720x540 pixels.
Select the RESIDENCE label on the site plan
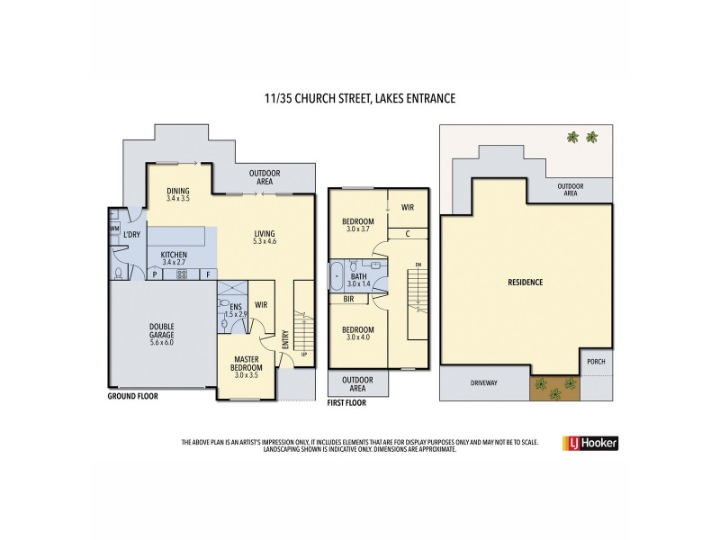[x=526, y=282]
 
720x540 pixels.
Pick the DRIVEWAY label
[x=483, y=382]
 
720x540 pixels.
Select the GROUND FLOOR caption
[x=133, y=395]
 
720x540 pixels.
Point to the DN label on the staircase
[x=417, y=264]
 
